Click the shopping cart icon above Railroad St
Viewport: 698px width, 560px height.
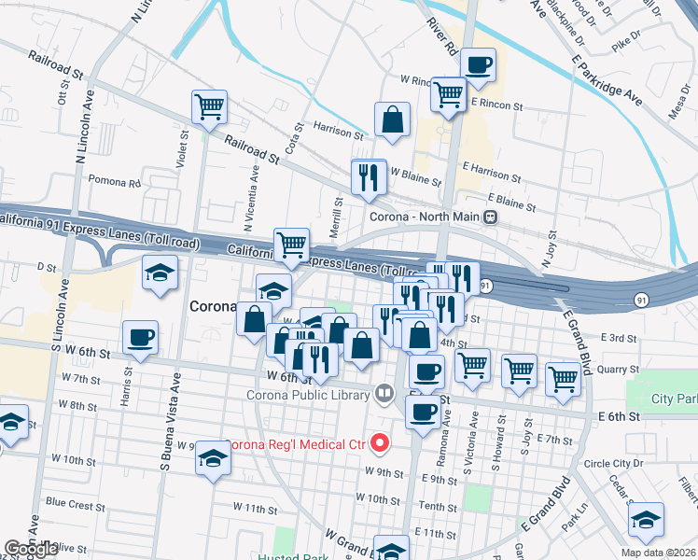(x=209, y=106)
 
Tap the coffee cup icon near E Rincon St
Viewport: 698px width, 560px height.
(x=478, y=65)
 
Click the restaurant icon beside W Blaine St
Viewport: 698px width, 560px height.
(x=369, y=175)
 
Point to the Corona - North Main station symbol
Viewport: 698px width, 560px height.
(x=490, y=217)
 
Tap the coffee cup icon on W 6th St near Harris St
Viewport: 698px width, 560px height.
(x=140, y=337)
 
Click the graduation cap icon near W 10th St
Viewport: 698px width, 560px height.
(x=214, y=459)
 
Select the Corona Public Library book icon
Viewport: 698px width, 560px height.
(x=383, y=393)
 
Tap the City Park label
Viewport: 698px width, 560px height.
(x=675, y=399)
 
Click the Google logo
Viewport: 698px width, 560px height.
(x=32, y=549)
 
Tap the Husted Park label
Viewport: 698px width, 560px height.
(x=288, y=555)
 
